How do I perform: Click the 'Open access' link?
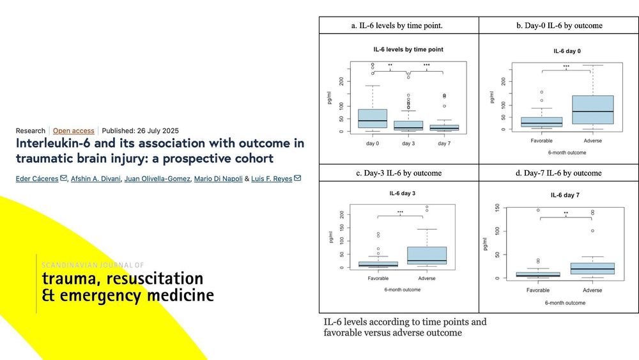73,131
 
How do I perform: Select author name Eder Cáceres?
37,178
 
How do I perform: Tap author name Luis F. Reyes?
272,178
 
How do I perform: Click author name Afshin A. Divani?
96,178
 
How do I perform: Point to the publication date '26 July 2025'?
158,131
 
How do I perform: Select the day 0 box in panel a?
373,119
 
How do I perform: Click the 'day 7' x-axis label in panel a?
444,143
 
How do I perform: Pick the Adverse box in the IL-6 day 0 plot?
592,110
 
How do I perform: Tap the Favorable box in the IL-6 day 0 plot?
542,122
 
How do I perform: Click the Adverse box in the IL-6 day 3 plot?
427,256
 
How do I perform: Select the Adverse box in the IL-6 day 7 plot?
592,269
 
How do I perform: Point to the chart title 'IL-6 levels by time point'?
408,49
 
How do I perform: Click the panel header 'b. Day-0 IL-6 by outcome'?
559,26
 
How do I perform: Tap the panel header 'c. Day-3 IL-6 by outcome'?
399,173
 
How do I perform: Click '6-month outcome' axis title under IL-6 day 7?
565,303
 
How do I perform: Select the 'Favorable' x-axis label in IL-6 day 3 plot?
378,278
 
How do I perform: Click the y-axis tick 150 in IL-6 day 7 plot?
497,208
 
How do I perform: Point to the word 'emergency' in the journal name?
101,295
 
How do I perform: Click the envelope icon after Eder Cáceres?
63,178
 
